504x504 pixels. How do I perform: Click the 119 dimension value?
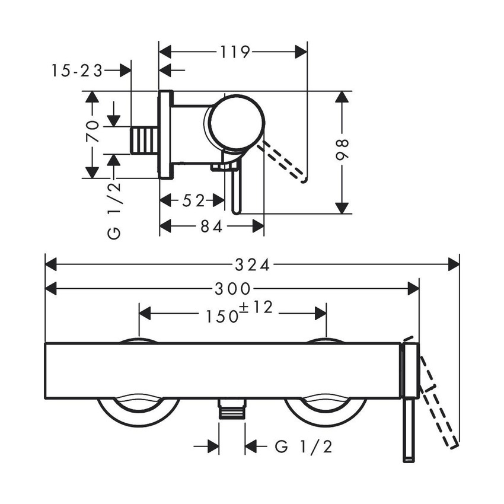(233, 52)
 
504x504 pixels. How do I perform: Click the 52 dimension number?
(193, 201)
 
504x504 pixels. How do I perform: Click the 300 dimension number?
(232, 289)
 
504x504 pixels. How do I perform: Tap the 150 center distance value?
(222, 315)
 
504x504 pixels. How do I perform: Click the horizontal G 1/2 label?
(304, 446)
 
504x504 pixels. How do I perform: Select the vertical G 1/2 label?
(115, 210)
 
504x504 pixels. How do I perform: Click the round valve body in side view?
(237, 121)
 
